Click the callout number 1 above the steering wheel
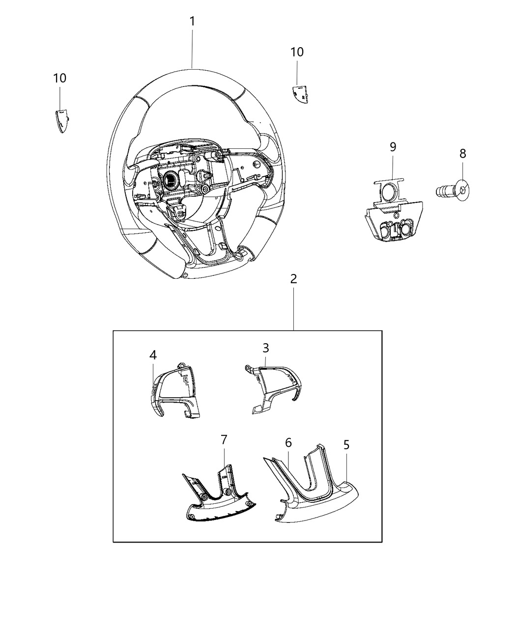click(x=192, y=22)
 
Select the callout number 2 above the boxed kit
click(x=293, y=279)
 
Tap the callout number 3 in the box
click(x=265, y=348)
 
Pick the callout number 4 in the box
click(x=153, y=354)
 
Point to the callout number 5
click(x=346, y=445)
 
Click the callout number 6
click(x=288, y=442)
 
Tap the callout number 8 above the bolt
click(x=462, y=154)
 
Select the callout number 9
click(x=393, y=146)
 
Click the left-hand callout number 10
click(x=60, y=78)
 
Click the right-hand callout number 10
click(x=297, y=52)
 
